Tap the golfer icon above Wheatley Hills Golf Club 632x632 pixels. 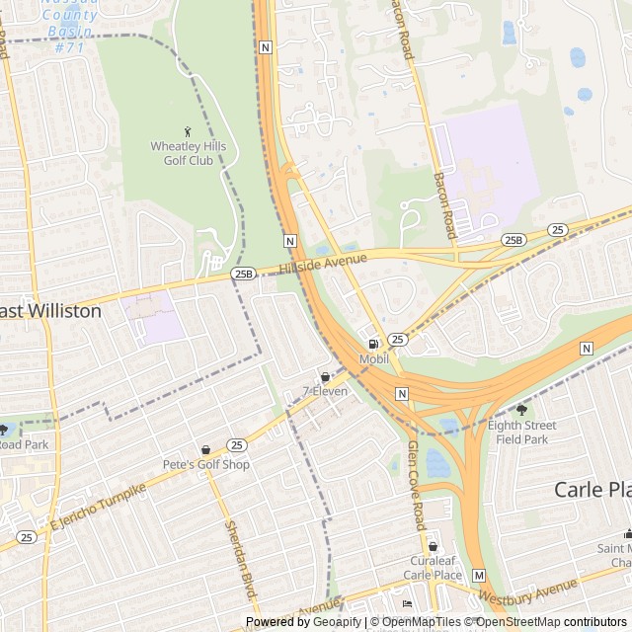[189, 130]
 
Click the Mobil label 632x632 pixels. [373, 359]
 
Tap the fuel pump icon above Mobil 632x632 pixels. [373, 345]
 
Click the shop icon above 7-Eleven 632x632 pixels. [325, 376]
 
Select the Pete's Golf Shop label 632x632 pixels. [206, 464]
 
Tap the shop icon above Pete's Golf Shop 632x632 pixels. [206, 449]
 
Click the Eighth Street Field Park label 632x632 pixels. [521, 433]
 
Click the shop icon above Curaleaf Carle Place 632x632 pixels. [433, 546]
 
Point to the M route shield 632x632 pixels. [479, 575]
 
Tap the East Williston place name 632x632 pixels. [50, 311]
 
